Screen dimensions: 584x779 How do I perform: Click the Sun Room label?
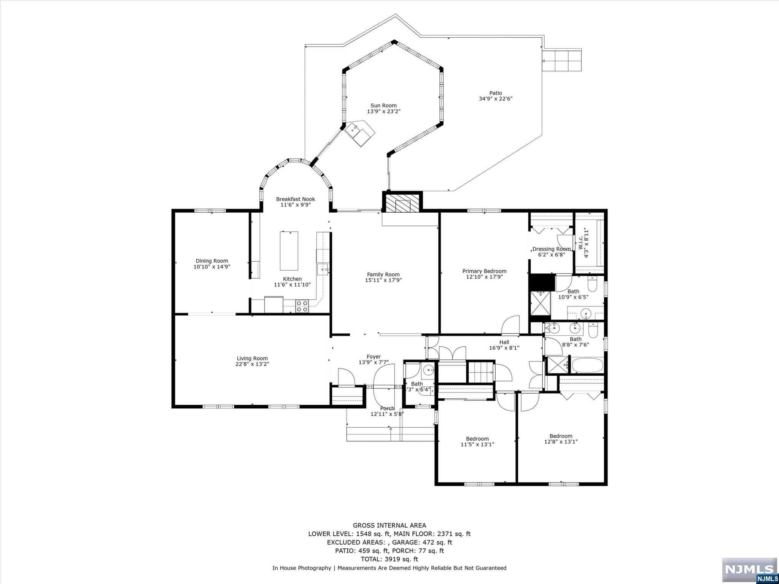click(x=383, y=106)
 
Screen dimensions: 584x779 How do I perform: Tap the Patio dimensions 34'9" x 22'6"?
click(x=496, y=99)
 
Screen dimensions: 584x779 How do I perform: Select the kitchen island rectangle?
click(x=289, y=251)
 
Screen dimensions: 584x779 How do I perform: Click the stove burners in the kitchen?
click(x=302, y=306)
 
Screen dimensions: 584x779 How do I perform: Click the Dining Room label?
click(x=212, y=261)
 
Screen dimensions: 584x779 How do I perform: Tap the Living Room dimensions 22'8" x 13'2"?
click(x=252, y=364)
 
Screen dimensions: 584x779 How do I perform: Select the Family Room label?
click(x=383, y=275)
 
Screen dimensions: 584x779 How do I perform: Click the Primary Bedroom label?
click(x=484, y=271)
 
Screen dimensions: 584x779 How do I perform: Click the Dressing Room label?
click(x=551, y=249)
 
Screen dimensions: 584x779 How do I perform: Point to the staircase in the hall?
click(x=480, y=372)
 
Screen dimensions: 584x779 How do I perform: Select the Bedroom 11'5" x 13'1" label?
click(x=477, y=438)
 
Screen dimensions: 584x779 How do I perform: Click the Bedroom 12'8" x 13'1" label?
click(x=561, y=436)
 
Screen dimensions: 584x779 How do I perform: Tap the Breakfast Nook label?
click(x=296, y=199)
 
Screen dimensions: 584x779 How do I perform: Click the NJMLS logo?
click(x=749, y=569)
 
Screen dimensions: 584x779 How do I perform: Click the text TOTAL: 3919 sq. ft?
click(x=389, y=559)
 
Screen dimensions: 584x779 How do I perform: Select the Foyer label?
click(x=374, y=357)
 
